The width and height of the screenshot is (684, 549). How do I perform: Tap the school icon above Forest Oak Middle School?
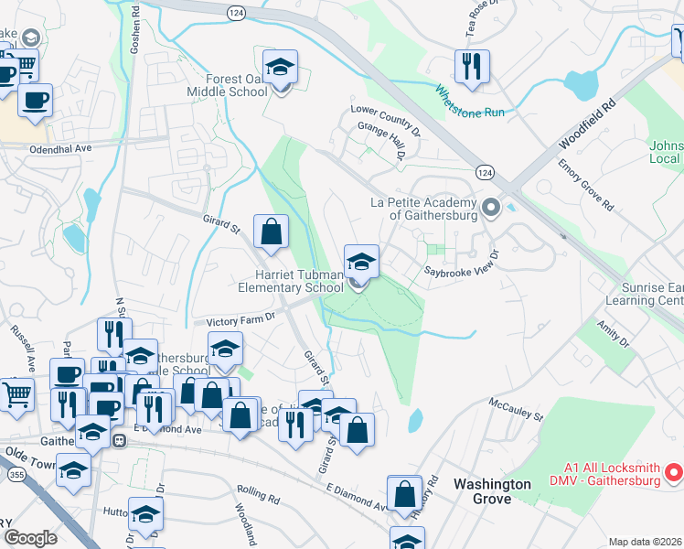pyautogui.click(x=281, y=68)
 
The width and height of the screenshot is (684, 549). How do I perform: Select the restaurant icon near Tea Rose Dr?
pyautogui.click(x=472, y=68)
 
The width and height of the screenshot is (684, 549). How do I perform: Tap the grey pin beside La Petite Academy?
pyautogui.click(x=491, y=208)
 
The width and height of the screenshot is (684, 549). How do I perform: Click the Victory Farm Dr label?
pyautogui.click(x=240, y=322)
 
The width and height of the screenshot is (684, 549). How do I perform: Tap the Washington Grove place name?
pyautogui.click(x=492, y=491)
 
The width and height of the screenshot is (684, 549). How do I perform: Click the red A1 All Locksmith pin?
pyautogui.click(x=674, y=472)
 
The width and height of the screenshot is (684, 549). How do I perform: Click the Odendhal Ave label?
pyautogui.click(x=60, y=147)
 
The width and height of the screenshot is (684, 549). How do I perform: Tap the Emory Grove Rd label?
pyautogui.click(x=585, y=186)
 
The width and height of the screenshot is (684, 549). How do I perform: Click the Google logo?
pyautogui.click(x=30, y=538)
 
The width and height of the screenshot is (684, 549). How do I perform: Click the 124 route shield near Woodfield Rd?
pyautogui.click(x=485, y=172)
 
